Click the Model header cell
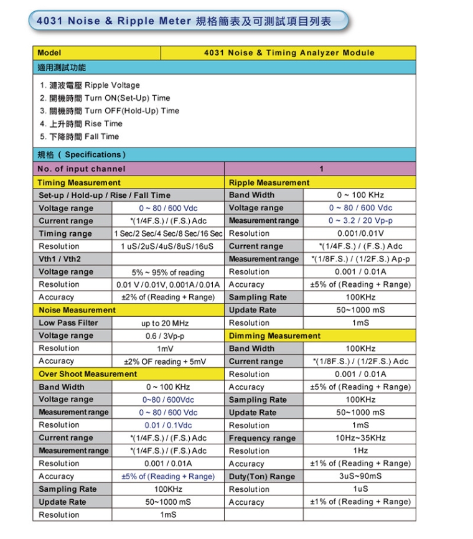(x=50, y=53)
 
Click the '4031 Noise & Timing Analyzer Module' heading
(x=289, y=53)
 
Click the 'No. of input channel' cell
(x=82, y=169)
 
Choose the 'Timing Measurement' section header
(x=79, y=182)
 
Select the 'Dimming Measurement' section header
(x=274, y=336)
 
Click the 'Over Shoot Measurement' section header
(x=88, y=374)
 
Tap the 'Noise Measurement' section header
(x=77, y=310)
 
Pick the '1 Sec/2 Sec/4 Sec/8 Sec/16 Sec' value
(x=168, y=233)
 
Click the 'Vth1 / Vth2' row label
(x=60, y=259)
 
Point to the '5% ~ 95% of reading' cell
(x=168, y=272)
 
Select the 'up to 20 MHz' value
(x=168, y=323)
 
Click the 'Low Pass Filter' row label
(x=68, y=323)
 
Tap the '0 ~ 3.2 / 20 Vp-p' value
(x=360, y=220)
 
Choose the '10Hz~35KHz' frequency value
(x=360, y=438)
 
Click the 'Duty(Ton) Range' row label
(x=262, y=476)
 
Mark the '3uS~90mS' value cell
(x=360, y=476)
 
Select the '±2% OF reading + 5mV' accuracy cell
(x=168, y=362)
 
